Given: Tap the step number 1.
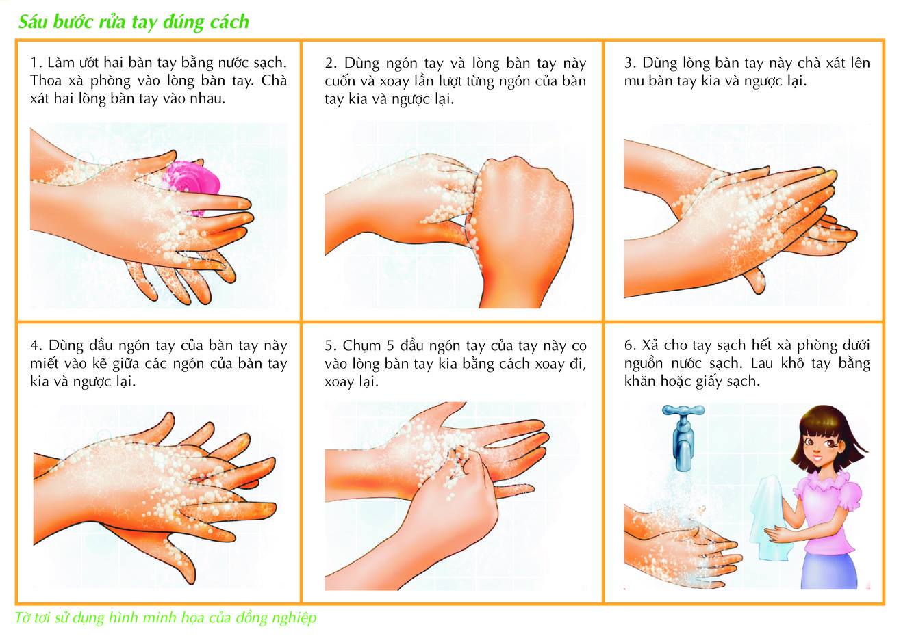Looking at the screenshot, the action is [36, 63].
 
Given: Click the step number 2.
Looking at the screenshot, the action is [331, 64].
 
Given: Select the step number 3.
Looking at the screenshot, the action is [630, 63].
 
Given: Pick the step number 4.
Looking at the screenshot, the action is [36, 345].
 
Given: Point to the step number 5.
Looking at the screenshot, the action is [331, 345].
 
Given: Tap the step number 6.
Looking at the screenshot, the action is [630, 345].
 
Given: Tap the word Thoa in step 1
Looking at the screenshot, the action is [45, 81].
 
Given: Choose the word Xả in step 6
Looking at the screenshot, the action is [650, 345].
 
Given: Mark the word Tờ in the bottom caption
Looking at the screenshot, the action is [22, 618].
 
